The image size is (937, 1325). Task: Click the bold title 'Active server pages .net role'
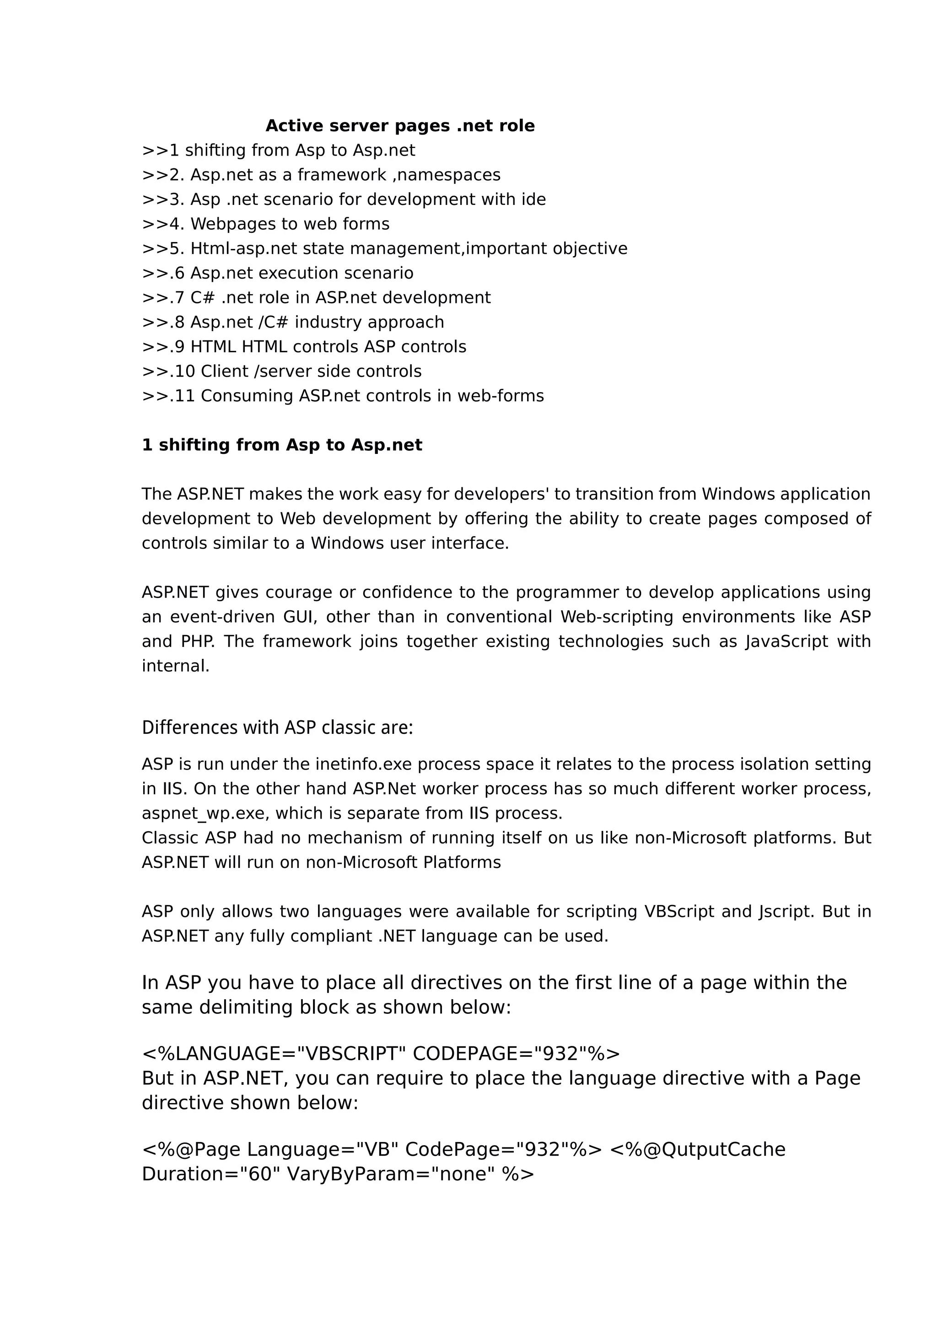pos(400,126)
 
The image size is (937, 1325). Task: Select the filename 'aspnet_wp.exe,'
pos(205,813)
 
